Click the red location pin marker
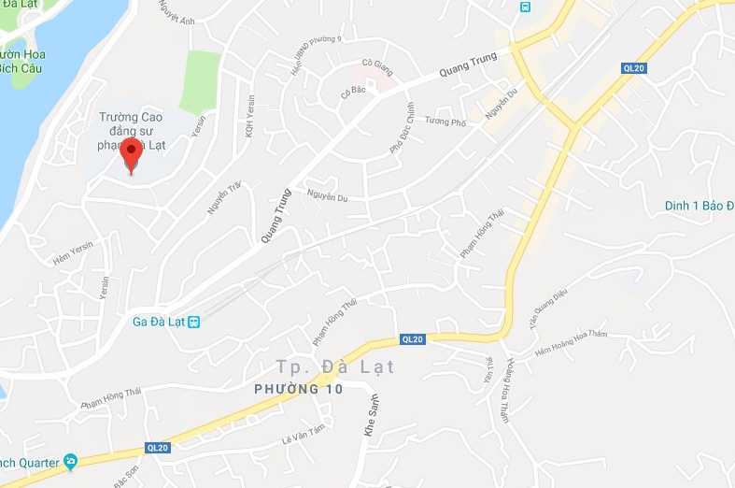[132, 155]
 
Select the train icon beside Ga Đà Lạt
[193, 322]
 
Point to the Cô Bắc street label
[351, 92]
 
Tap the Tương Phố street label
[445, 122]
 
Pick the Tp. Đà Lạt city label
[335, 366]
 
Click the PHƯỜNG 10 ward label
[299, 389]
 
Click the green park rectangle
[201, 82]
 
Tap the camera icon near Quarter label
[70, 462]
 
